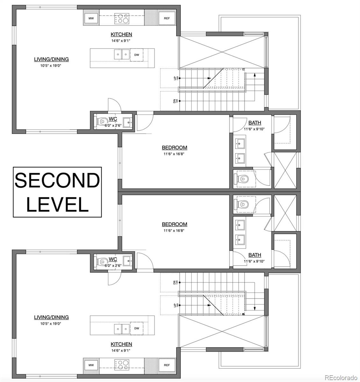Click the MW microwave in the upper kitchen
[91, 18]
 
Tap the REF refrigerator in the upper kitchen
[167, 18]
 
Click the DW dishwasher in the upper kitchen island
[137, 55]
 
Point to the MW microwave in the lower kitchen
[91, 365]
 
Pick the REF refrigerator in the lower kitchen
[167, 365]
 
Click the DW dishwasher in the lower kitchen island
[137, 328]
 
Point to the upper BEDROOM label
[174, 148]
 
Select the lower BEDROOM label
[174, 224]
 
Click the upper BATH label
[255, 123]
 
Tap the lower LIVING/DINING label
[51, 317]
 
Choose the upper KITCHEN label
[121, 34]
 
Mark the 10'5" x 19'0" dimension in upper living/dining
[51, 66]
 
